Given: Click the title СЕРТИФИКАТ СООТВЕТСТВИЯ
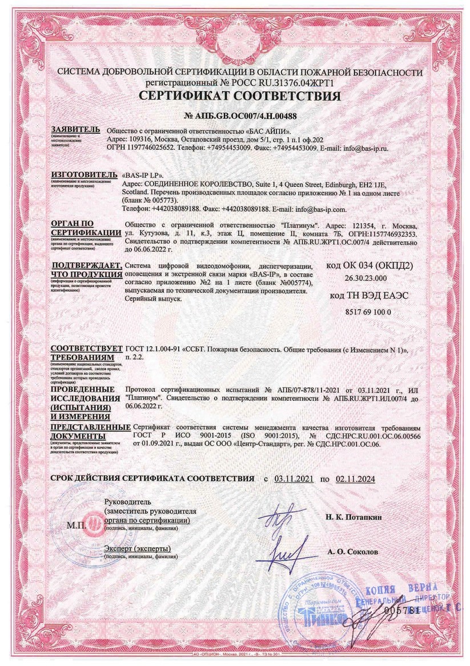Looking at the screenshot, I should click(x=235, y=95).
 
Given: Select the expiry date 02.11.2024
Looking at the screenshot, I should click(x=355, y=479).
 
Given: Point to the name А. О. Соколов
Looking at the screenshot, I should click(x=352, y=553).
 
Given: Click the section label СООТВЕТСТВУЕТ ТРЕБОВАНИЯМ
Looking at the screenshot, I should click(x=86, y=353).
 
